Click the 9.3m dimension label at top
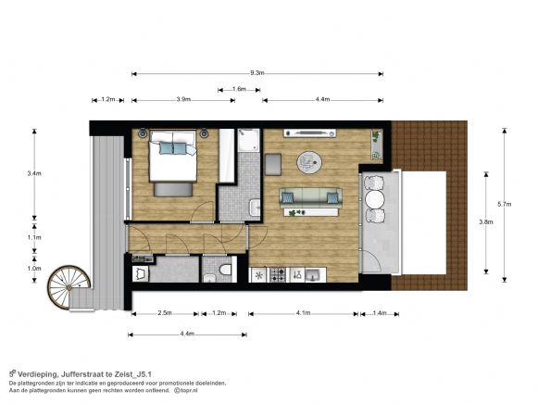(257, 72)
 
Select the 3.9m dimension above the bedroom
(183, 99)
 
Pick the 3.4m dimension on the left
(34, 173)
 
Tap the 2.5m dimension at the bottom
(163, 314)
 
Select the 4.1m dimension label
(303, 314)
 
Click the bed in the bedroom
(174, 161)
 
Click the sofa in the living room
(311, 196)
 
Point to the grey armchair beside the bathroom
(274, 164)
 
